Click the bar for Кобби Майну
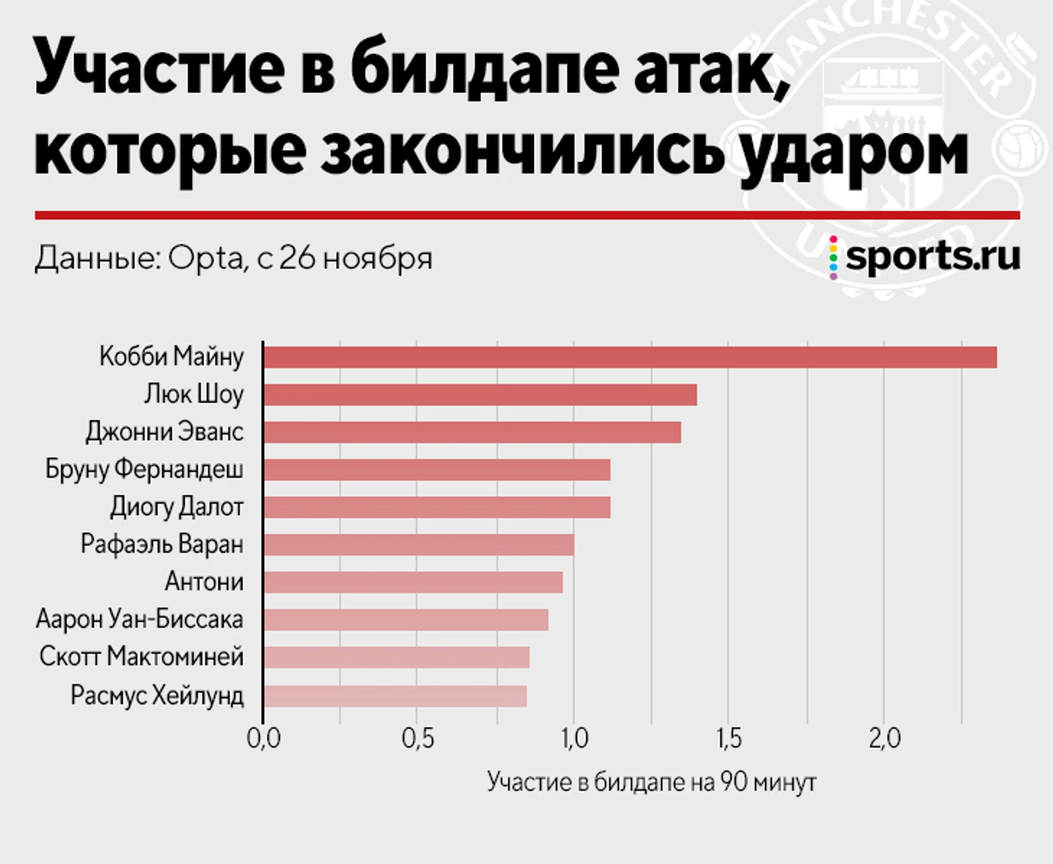click(x=630, y=358)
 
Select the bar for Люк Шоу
click(x=480, y=395)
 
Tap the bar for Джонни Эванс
click(x=472, y=433)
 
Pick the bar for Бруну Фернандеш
click(x=436, y=470)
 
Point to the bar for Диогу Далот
click(x=436, y=508)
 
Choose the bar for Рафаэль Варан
click(x=418, y=545)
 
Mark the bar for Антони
click(x=413, y=583)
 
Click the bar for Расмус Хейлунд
click(x=395, y=697)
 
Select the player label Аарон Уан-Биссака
click(x=139, y=620)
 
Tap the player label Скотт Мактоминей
click(x=141, y=657)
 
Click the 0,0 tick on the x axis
click(x=263, y=739)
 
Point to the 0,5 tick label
click(x=418, y=739)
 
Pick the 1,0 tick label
click(x=573, y=739)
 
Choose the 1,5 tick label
click(x=728, y=739)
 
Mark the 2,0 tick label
click(x=884, y=739)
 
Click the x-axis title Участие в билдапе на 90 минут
click(x=651, y=783)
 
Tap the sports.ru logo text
click(x=933, y=257)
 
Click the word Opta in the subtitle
click(x=206, y=258)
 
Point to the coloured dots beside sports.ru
click(x=834, y=257)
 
